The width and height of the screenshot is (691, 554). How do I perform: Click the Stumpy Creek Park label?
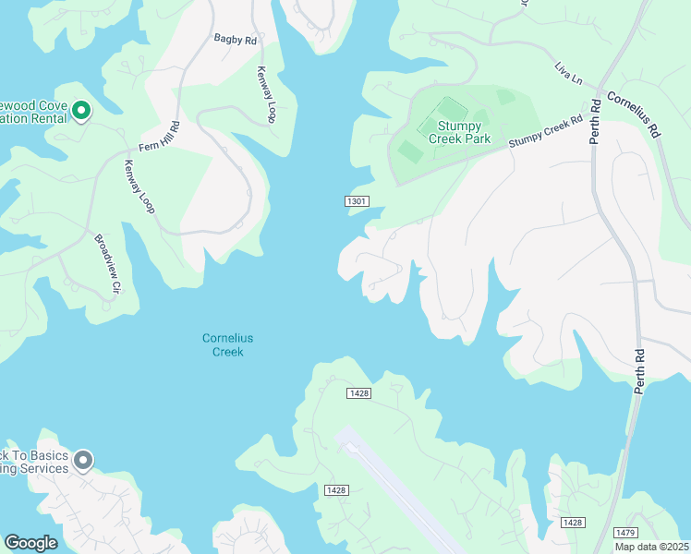tap(459, 133)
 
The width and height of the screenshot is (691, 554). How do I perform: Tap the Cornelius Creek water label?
tap(227, 345)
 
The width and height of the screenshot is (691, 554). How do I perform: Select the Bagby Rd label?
tap(235, 40)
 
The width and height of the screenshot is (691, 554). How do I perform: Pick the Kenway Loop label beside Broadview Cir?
tap(139, 187)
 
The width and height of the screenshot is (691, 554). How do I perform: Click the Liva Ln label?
tap(568, 74)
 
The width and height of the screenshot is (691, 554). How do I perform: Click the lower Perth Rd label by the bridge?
tap(638, 371)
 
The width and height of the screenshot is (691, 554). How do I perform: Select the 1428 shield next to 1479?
tap(573, 523)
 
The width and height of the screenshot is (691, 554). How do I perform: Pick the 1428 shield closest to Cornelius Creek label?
tap(359, 393)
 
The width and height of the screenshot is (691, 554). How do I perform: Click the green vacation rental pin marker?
tap(80, 112)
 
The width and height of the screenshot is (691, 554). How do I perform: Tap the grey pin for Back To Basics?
tap(83, 460)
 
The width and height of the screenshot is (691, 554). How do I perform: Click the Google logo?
tap(30, 543)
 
